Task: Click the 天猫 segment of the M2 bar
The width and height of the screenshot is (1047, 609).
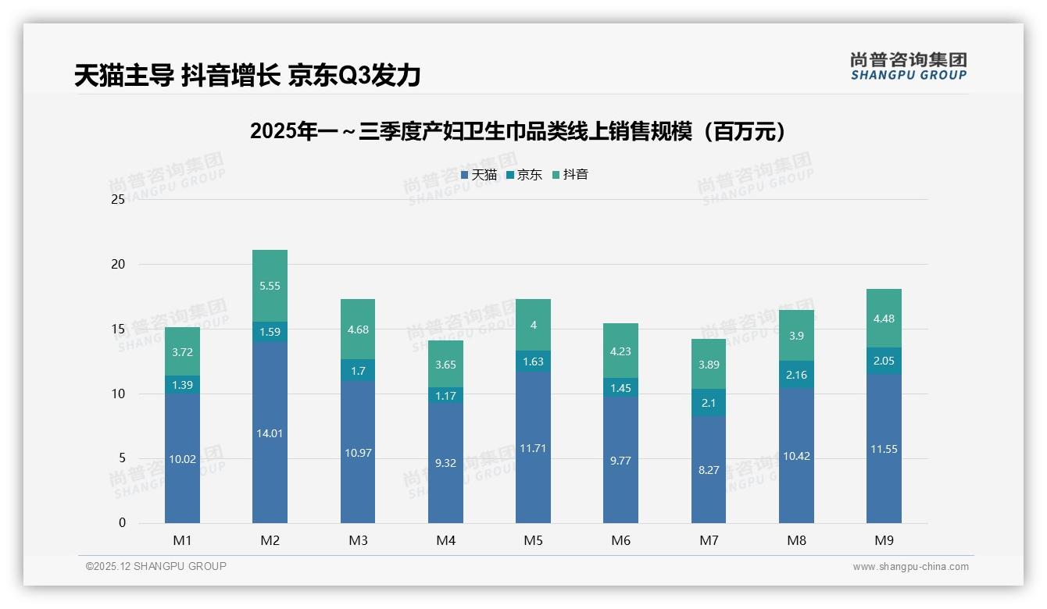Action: coord(270,433)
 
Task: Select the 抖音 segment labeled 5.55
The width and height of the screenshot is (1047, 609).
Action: coord(270,286)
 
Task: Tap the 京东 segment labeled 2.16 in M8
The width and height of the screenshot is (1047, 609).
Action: coord(796,375)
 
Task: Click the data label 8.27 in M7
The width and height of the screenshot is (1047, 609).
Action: coord(709,470)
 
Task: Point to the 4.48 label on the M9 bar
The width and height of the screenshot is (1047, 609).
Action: coord(884,318)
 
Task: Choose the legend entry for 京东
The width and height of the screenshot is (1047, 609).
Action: coord(524,175)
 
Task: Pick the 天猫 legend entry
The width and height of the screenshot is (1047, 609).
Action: coord(478,175)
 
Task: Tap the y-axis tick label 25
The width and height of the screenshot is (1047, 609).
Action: coord(118,199)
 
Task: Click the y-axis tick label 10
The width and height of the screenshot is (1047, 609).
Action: coord(118,394)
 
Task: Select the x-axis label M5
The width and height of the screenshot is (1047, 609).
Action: coord(533,540)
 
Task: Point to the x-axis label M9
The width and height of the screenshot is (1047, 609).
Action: coord(884,540)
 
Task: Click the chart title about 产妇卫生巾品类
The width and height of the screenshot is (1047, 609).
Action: coord(517,131)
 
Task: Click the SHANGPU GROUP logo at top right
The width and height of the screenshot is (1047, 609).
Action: coord(908,66)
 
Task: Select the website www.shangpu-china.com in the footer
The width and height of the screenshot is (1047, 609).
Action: coord(910,567)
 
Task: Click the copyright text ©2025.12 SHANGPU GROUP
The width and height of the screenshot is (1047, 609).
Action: coord(155,566)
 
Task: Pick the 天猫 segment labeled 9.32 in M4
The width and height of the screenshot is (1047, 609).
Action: coord(445,463)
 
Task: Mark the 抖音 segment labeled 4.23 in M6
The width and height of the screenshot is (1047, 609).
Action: coord(620,351)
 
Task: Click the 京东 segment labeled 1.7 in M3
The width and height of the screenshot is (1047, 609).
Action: coord(358,371)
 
